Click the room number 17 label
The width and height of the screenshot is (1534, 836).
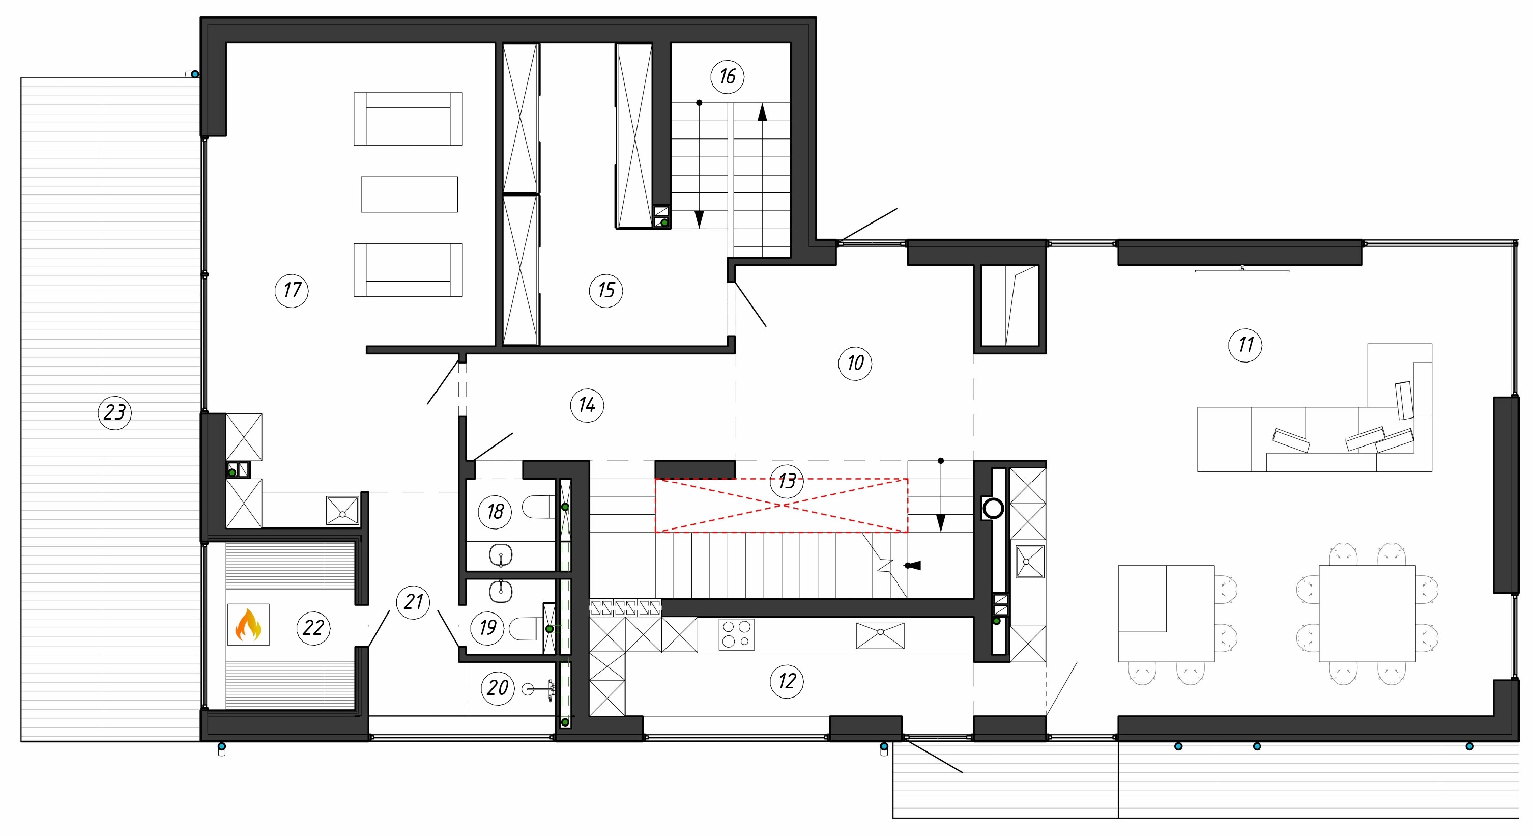(292, 290)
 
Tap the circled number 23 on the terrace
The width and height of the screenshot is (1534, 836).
(115, 412)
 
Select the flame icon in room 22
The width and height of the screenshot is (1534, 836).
(248, 625)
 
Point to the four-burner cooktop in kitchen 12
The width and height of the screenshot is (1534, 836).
(737, 634)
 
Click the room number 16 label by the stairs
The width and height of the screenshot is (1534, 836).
(727, 76)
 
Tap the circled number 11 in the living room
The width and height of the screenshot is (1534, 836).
(1245, 344)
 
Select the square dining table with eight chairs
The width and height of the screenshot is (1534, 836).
(1367, 613)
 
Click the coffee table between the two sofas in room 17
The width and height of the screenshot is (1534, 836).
(409, 194)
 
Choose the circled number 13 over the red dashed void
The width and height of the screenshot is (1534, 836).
(787, 481)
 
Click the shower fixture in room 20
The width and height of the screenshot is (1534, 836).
(539, 689)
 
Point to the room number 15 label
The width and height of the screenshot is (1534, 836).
(605, 290)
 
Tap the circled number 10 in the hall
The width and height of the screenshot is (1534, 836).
(855, 363)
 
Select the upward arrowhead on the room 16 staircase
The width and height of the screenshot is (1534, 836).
(762, 113)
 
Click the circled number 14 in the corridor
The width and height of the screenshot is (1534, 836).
(587, 405)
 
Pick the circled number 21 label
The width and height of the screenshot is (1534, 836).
(413, 601)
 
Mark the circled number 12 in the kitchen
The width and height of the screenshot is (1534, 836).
(787, 681)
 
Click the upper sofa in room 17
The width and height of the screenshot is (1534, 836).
(408, 119)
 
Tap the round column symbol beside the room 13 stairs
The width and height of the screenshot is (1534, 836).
(993, 508)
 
